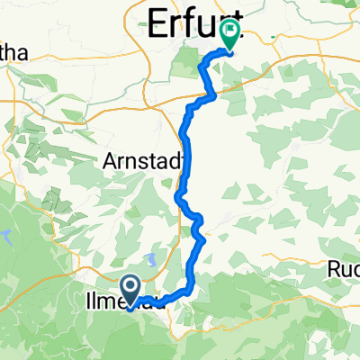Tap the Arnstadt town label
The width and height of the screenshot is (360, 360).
144,160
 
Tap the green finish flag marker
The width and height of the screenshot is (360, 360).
230,35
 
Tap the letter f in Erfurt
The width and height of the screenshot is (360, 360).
199,21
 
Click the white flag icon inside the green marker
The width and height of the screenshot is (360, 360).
230,32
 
